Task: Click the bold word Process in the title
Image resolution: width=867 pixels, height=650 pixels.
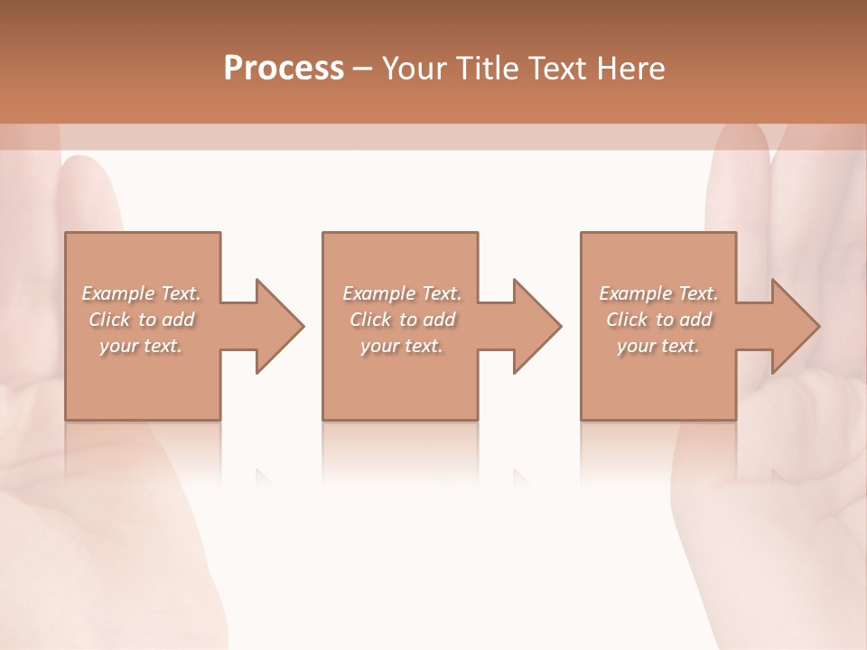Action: point(284,68)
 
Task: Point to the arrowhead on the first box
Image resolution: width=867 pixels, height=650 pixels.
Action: point(278,326)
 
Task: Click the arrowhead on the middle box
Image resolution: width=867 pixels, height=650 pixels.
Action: point(536,326)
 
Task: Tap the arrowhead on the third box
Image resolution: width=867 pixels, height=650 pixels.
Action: point(794,326)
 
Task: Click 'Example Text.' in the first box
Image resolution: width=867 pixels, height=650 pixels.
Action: point(141,293)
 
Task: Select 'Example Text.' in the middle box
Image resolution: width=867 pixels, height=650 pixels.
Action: point(402,293)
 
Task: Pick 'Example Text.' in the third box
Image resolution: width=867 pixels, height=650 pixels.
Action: point(658,293)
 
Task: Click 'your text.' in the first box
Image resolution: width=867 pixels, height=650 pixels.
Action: point(141,346)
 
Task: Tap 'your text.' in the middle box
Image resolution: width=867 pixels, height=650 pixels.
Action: point(402,346)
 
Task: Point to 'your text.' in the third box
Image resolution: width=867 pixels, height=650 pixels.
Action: point(658,346)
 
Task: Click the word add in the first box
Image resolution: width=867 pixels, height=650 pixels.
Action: point(178,320)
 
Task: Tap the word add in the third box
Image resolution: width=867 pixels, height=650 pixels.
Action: point(696,320)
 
